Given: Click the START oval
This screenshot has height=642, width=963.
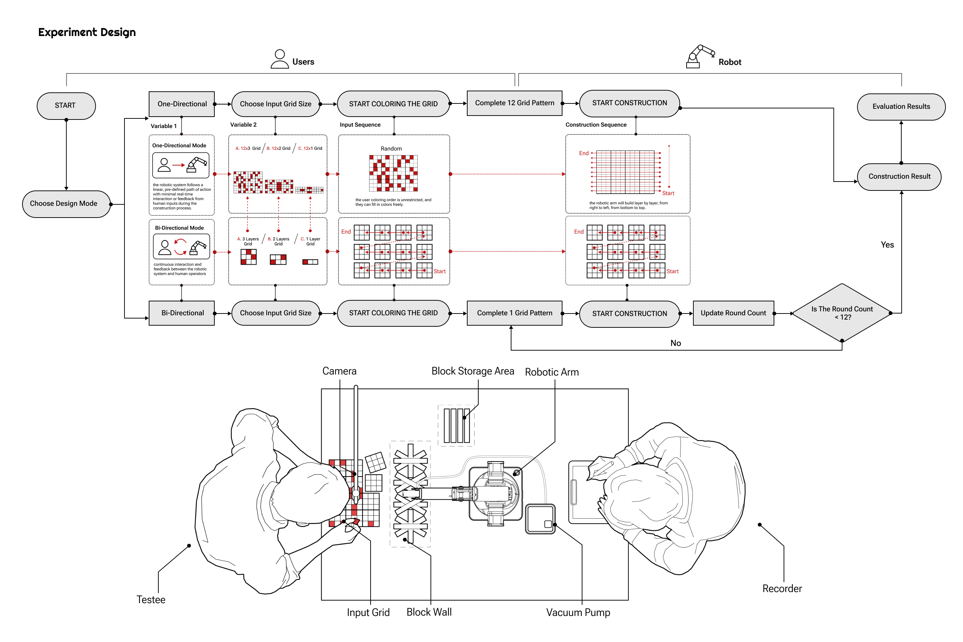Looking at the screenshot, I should pos(66,106).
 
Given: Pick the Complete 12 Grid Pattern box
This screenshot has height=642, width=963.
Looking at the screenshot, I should pos(514,103).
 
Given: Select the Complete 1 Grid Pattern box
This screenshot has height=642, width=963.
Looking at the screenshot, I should pos(514,313).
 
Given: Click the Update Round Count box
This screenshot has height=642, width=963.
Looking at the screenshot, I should pos(733,313).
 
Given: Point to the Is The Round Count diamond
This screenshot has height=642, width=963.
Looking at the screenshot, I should pos(841,313).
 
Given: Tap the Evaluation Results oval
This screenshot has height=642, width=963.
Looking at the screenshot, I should pos(901,106).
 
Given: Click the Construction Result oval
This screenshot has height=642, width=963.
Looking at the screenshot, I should pos(899,177).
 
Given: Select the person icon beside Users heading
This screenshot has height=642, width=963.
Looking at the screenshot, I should pos(280,59).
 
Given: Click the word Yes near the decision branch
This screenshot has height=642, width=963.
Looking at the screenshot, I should pos(887,245).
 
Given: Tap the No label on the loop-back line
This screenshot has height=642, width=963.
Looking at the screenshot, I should pos(676,343).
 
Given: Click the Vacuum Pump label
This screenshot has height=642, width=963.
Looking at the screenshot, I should pos(578,612).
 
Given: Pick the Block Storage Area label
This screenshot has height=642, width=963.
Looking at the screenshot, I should pos(473,371).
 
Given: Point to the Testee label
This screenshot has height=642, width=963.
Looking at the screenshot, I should pos(151,600).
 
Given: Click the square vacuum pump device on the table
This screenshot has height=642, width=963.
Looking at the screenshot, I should pos(540,519).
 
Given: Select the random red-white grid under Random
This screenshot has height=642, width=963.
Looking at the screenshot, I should pos(393,173).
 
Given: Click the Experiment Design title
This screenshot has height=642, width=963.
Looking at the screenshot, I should pos(87,32).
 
